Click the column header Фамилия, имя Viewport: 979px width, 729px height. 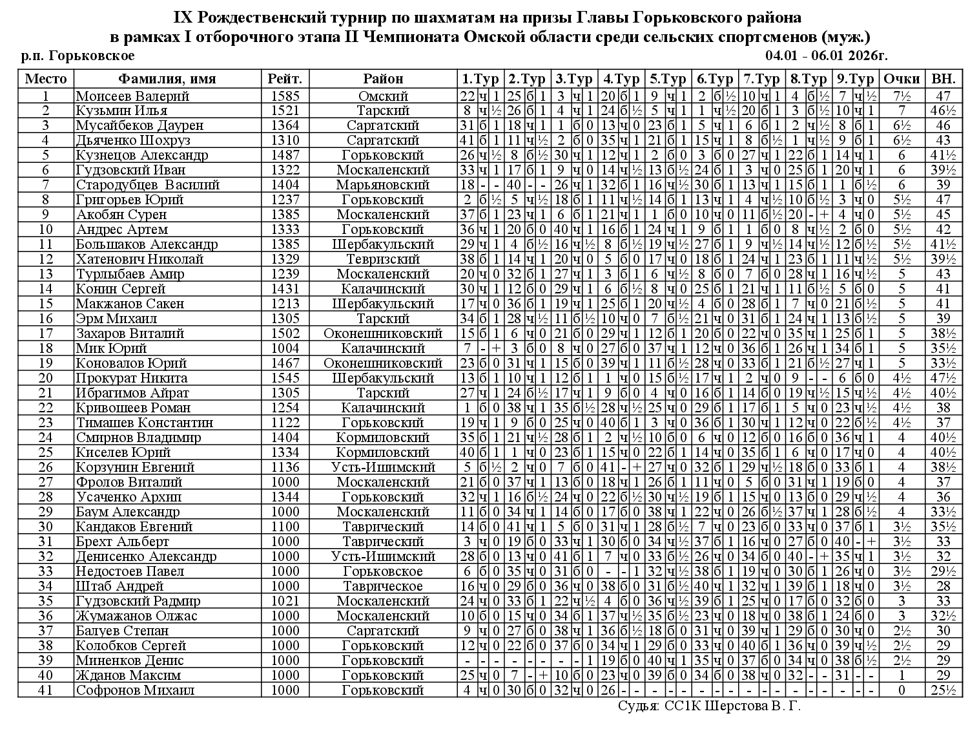click(x=167, y=79)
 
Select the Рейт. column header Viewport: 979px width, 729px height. click(x=285, y=79)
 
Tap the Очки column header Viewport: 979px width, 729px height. click(x=902, y=79)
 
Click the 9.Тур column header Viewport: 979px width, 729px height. click(x=855, y=79)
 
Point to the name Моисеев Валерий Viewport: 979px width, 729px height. click(x=132, y=96)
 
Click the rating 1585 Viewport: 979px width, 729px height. click(x=285, y=96)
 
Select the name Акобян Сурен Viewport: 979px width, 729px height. click(x=121, y=215)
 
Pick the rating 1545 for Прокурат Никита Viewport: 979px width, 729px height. click(x=285, y=378)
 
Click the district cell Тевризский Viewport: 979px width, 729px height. click(x=383, y=259)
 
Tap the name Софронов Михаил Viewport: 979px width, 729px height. click(x=135, y=690)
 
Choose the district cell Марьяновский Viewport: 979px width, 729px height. click(x=383, y=185)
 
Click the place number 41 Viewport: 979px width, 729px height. click(x=46, y=690)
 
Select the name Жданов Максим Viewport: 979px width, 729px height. click(x=129, y=675)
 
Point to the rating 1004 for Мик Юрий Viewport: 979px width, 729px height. click(x=285, y=348)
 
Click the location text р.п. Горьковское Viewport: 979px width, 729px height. click(x=78, y=56)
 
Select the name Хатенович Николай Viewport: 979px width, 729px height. click(x=139, y=259)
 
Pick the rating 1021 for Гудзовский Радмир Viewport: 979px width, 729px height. click(x=285, y=601)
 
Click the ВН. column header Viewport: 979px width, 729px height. click(x=943, y=79)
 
